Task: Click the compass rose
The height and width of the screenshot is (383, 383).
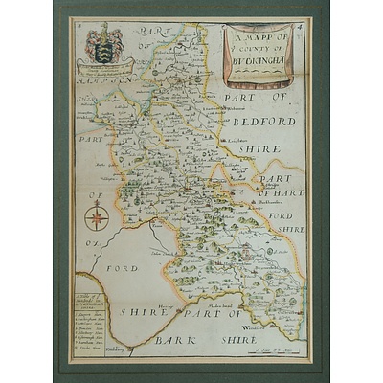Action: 95,218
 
